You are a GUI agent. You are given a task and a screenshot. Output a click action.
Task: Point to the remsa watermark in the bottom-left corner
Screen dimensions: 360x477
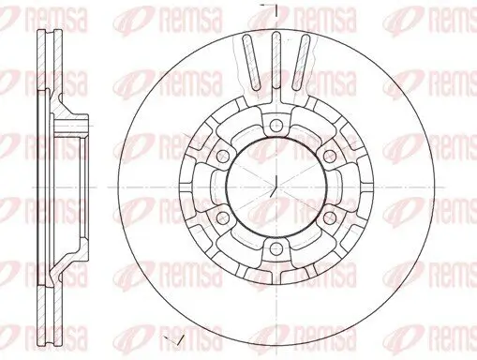pos(28,341)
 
